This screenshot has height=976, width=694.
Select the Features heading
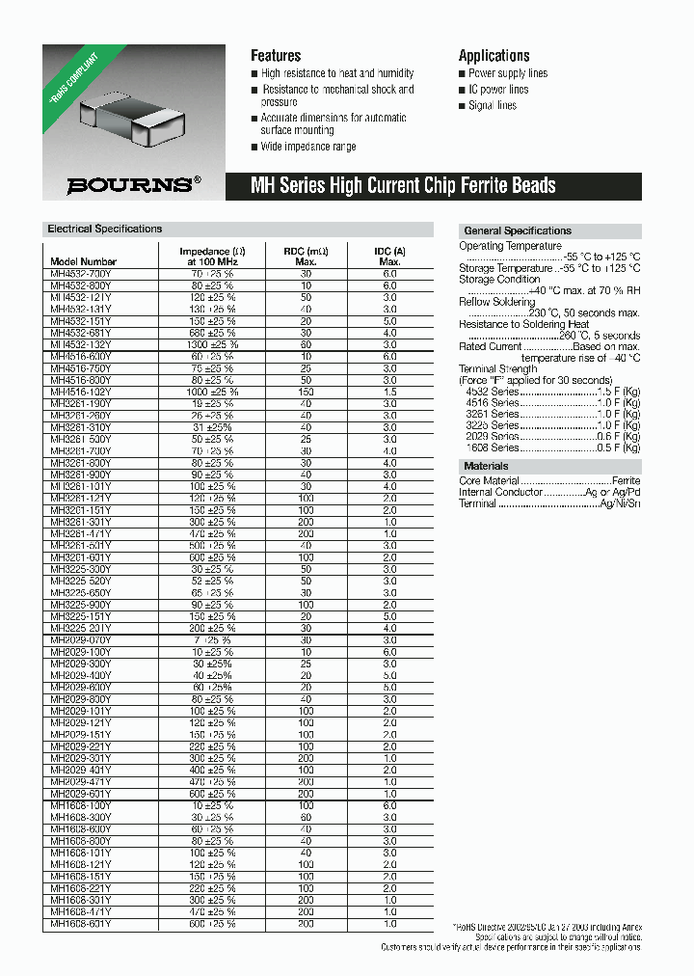[x=276, y=56]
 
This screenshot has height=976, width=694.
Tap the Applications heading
[x=494, y=56]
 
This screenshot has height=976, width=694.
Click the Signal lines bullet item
[x=492, y=106]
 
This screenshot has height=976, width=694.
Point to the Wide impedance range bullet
[x=307, y=147]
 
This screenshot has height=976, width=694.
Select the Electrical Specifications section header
[x=105, y=230]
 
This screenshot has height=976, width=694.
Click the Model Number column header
[x=84, y=261]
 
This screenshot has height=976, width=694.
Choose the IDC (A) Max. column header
[x=389, y=257]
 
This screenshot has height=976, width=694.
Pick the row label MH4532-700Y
[x=81, y=274]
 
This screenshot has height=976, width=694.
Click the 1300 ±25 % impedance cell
[x=212, y=344]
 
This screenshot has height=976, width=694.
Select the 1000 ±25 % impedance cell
[x=212, y=392]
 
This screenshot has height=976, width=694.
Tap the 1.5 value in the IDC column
[x=389, y=392]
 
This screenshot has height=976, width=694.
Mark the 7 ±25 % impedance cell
[x=212, y=639]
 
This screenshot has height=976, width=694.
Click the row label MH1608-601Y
[x=81, y=923]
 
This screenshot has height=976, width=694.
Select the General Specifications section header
[x=518, y=231]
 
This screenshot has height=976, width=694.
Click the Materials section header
[x=486, y=467]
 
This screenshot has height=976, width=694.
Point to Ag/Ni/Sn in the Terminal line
[x=620, y=503]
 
